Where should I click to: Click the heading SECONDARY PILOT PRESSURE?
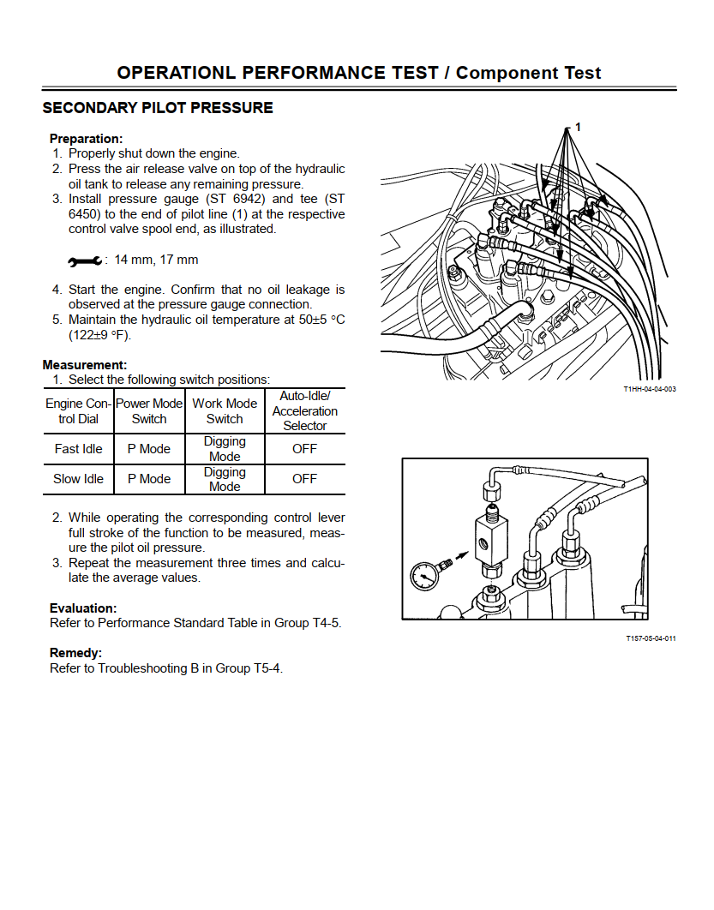click(158, 108)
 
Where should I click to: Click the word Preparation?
click(86, 139)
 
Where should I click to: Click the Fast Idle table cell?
click(78, 449)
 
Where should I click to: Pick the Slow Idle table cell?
click(78, 479)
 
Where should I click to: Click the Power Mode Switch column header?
click(149, 411)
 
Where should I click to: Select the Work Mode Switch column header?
click(225, 411)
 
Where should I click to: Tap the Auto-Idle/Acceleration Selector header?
click(304, 410)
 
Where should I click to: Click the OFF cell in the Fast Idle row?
click(304, 449)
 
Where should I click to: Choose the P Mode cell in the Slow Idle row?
click(149, 479)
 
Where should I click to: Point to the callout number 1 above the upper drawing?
click(578, 128)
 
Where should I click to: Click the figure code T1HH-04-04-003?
click(649, 390)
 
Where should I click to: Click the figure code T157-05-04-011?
click(651, 638)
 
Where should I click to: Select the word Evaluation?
click(82, 608)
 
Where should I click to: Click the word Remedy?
click(75, 653)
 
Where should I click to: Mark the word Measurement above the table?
click(84, 365)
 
